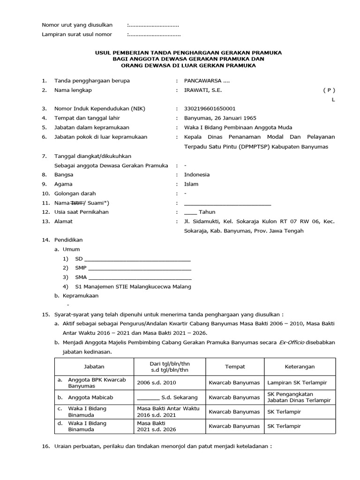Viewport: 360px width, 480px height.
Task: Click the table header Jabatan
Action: pos(94,367)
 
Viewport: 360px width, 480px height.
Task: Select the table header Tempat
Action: pos(235,367)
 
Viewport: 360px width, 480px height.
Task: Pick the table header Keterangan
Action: pos(300,367)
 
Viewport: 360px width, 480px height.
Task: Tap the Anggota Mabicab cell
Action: pos(90,397)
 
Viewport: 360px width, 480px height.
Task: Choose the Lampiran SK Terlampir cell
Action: pos(297,382)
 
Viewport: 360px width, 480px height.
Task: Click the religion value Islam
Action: pos(191,184)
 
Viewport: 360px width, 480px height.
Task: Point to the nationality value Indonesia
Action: pos(197,174)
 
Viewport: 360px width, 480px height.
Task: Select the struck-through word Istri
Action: pos(76,202)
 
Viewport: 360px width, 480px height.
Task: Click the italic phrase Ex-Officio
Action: pos(292,343)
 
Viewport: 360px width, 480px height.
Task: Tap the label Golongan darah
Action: pos(75,193)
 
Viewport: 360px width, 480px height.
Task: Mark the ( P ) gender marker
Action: pos(329,90)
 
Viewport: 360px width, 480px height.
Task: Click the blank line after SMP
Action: pos(140,268)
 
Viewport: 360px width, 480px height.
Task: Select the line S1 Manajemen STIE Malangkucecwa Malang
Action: pos(133,286)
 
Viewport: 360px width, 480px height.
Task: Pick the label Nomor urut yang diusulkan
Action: pos(77,25)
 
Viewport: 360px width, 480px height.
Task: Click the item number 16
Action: pos(45,446)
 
